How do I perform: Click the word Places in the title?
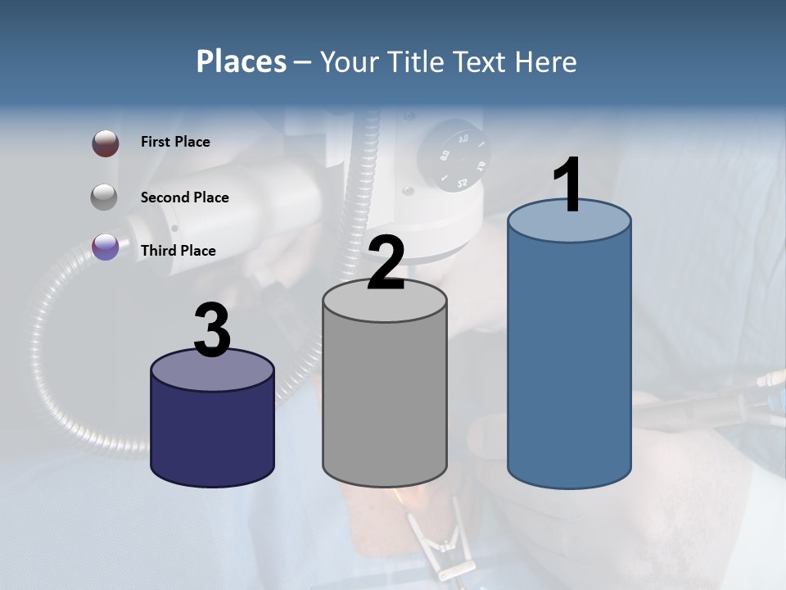pos(242,61)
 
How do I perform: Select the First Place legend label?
pos(175,142)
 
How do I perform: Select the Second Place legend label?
pos(184,197)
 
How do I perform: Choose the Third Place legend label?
pos(178,251)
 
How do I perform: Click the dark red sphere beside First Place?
pos(106,143)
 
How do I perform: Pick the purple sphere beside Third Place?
pos(106,247)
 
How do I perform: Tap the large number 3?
pos(213,330)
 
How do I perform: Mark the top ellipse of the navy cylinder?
pos(213,370)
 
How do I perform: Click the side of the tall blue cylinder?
pos(569,361)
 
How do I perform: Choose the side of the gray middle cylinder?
pos(385,402)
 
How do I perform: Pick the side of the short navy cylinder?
pos(213,434)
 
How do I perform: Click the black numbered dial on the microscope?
pos(453,156)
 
